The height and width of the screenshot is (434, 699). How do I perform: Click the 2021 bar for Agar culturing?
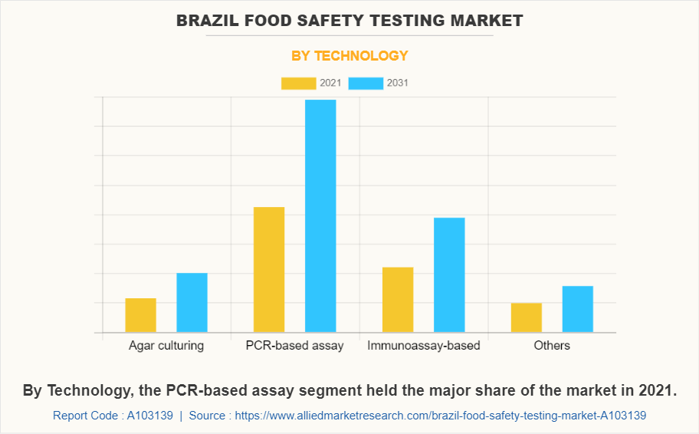pos(141,315)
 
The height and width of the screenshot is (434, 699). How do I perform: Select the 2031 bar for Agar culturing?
pos(192,303)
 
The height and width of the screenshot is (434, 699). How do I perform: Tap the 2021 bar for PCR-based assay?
pos(269,270)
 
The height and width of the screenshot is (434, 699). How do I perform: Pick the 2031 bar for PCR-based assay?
pos(320,216)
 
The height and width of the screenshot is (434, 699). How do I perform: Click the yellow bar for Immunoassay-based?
pos(398,300)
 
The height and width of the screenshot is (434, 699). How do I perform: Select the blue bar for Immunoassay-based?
pos(449,275)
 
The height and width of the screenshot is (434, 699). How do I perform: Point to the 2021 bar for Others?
pos(527,317)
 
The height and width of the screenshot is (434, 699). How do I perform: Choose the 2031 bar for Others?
pos(578,309)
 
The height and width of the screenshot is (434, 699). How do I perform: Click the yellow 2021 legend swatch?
pos(298,83)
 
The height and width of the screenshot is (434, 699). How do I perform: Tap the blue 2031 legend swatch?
pos(366,83)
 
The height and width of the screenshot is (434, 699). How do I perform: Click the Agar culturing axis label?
pos(166,345)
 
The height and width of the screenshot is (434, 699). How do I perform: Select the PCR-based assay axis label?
pos(295,345)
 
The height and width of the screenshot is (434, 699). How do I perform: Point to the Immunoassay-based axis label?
pos(424,345)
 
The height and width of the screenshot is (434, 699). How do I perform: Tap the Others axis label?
pos(552,345)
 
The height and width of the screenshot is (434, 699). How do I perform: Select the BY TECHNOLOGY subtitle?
pos(349,55)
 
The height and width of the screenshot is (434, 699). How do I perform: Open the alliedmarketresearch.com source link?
pos(440,416)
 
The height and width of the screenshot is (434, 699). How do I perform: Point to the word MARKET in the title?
pos(488,21)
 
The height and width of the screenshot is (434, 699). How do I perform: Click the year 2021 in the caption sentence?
pos(654,390)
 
